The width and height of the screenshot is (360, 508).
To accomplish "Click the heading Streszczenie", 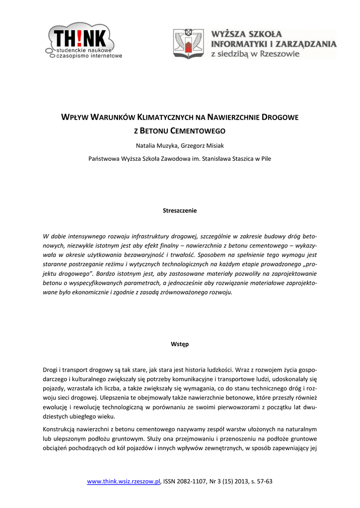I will [x=180, y=210].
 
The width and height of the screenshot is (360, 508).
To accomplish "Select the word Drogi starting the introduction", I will [x=51, y=369].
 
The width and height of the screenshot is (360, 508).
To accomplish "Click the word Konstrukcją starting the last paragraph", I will [x=60, y=429].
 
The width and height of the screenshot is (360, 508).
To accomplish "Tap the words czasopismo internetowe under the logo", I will [x=89, y=56].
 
